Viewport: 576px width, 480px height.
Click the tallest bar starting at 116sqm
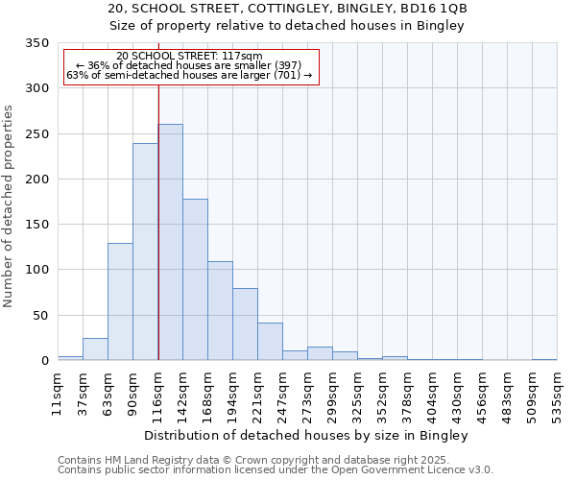click(170, 242)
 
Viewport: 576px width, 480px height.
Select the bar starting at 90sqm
click(145, 252)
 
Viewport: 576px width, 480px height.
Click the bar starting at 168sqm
click(220, 310)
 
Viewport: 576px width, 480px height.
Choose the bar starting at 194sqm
click(245, 324)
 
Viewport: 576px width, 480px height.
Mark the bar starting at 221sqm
click(270, 341)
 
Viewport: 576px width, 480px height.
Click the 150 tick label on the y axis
click(37, 225)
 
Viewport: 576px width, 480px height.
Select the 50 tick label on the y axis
click(41, 315)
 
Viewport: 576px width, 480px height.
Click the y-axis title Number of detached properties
click(9, 206)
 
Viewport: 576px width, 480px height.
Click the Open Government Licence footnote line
click(275, 470)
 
